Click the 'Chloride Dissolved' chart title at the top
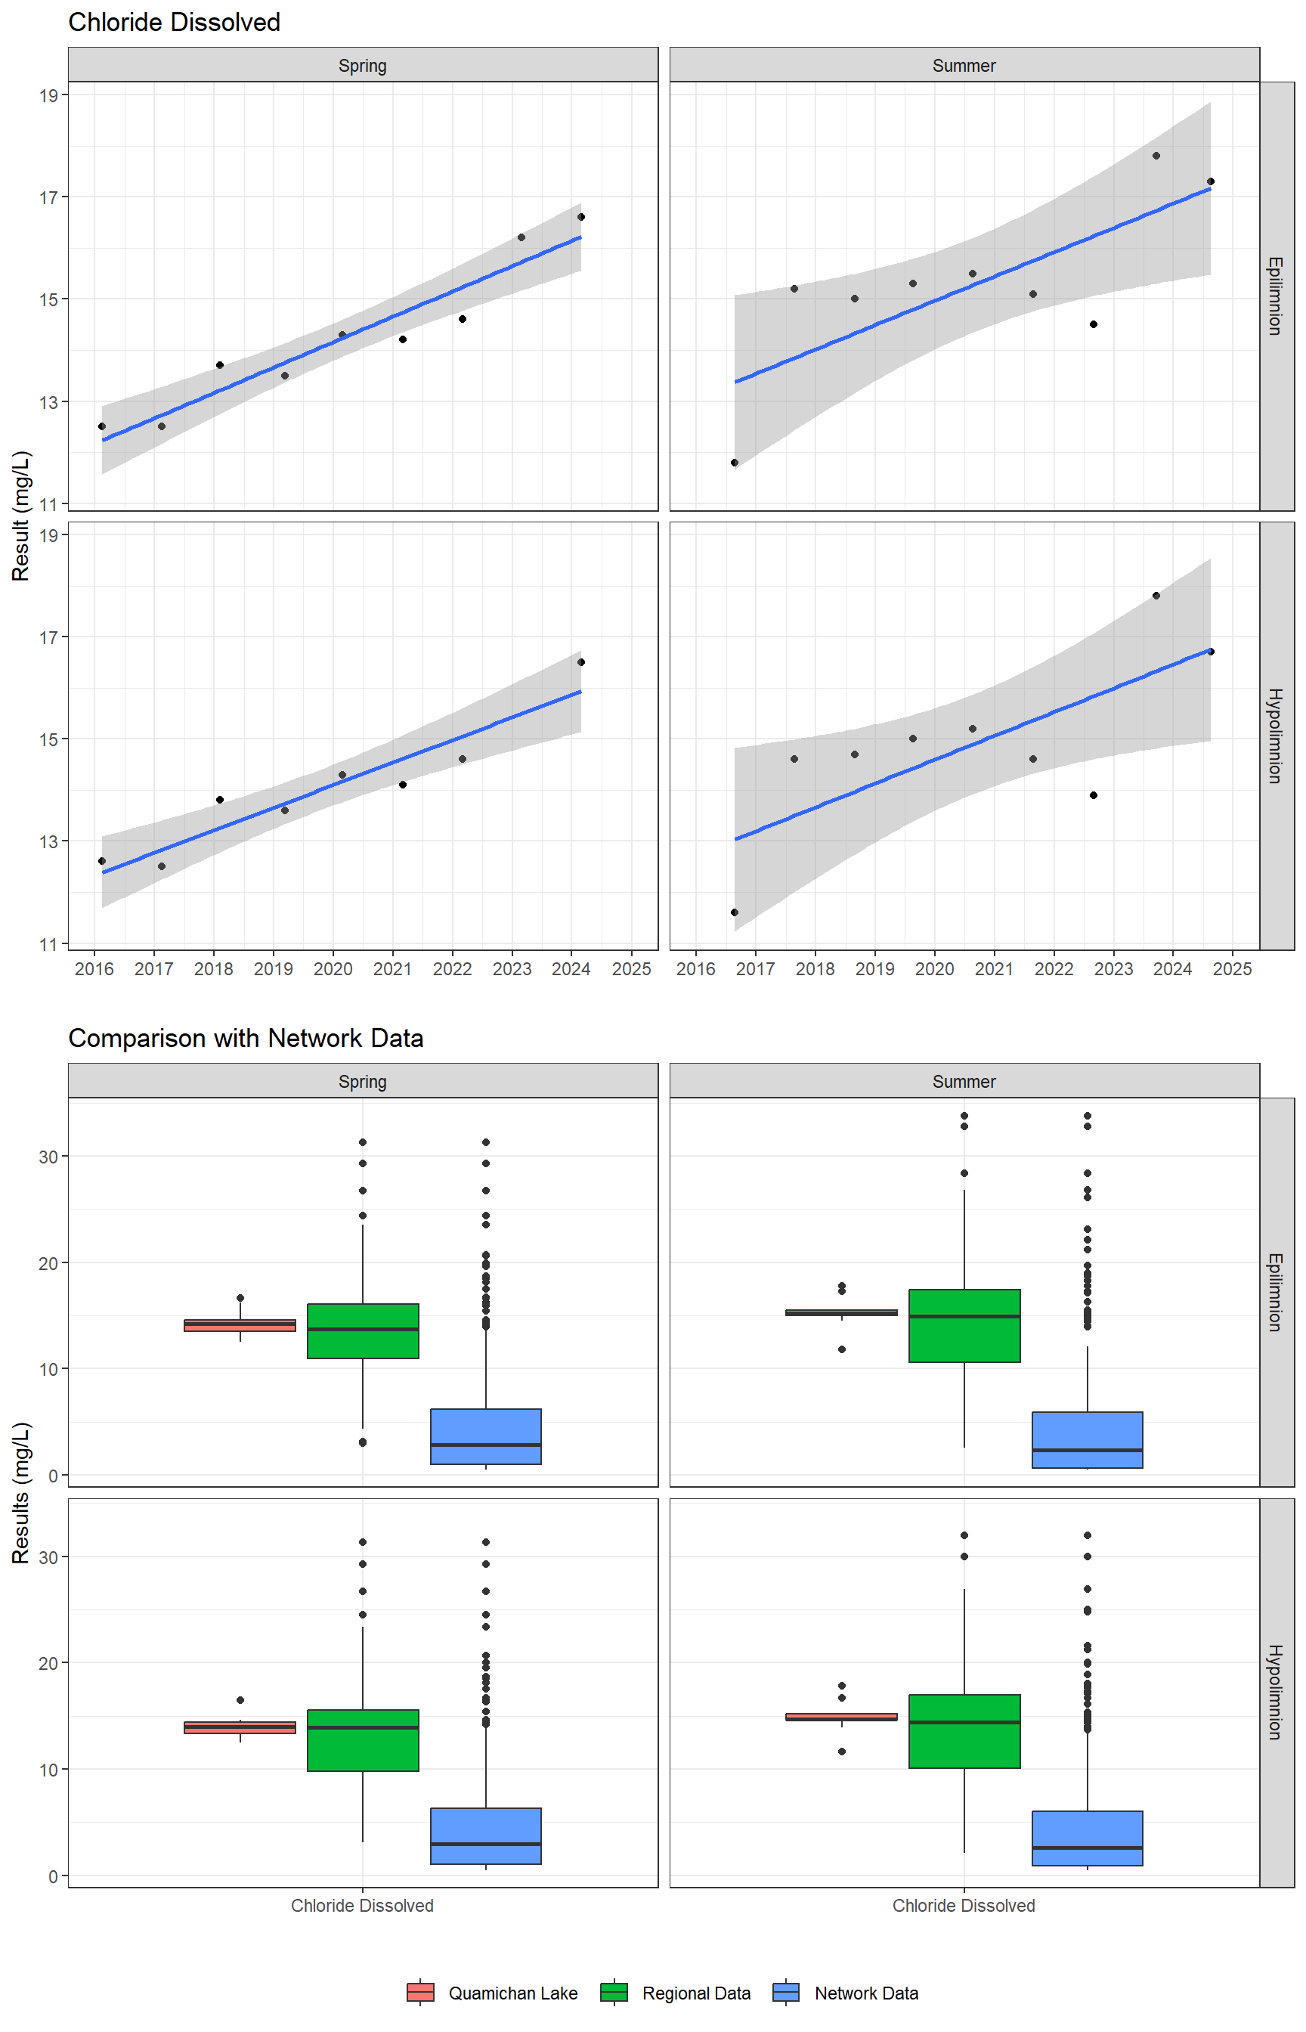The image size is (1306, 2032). [x=174, y=22]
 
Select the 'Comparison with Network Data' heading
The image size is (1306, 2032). [x=245, y=1038]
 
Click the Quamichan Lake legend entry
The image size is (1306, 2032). [x=492, y=1992]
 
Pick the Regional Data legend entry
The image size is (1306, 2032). [x=676, y=1992]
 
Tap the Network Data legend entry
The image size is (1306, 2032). [x=846, y=1992]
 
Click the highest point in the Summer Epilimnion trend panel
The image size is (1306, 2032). [x=1156, y=156]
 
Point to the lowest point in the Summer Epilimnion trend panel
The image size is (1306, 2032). [x=735, y=462]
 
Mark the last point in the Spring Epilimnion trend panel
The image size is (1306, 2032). [x=581, y=217]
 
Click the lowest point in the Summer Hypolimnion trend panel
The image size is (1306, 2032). [x=735, y=912]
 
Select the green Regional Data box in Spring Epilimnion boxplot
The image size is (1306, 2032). [x=363, y=1330]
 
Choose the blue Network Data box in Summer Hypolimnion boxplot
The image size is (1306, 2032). [x=1088, y=1838]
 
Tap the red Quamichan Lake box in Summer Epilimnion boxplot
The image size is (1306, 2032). [x=841, y=1313]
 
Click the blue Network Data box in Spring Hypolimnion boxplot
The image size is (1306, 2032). [x=486, y=1836]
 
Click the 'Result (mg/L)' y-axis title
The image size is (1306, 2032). [x=21, y=516]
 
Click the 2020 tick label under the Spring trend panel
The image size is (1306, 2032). [x=333, y=968]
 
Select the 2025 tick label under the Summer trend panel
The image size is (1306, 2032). [x=1232, y=968]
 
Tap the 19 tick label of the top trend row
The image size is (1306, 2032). [x=48, y=96]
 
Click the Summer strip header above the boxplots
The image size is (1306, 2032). [x=964, y=1081]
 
